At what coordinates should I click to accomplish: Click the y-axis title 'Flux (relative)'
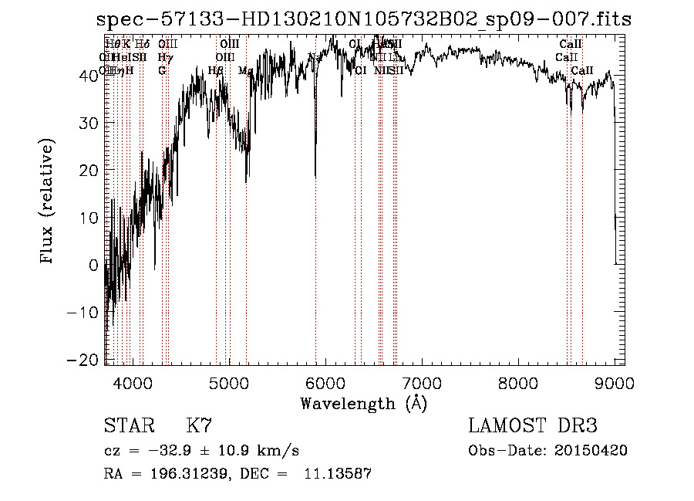48,202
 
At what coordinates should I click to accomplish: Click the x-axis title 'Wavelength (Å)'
363,403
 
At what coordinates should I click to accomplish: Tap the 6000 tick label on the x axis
325,381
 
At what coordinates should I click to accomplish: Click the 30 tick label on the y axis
89,123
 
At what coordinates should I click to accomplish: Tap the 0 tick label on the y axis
94,265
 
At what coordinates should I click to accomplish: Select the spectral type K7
200,426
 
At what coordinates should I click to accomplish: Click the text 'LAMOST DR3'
532,426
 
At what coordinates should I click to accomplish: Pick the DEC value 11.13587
339,475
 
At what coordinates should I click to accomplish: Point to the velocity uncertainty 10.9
229,451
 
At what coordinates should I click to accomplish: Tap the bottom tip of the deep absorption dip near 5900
315,177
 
